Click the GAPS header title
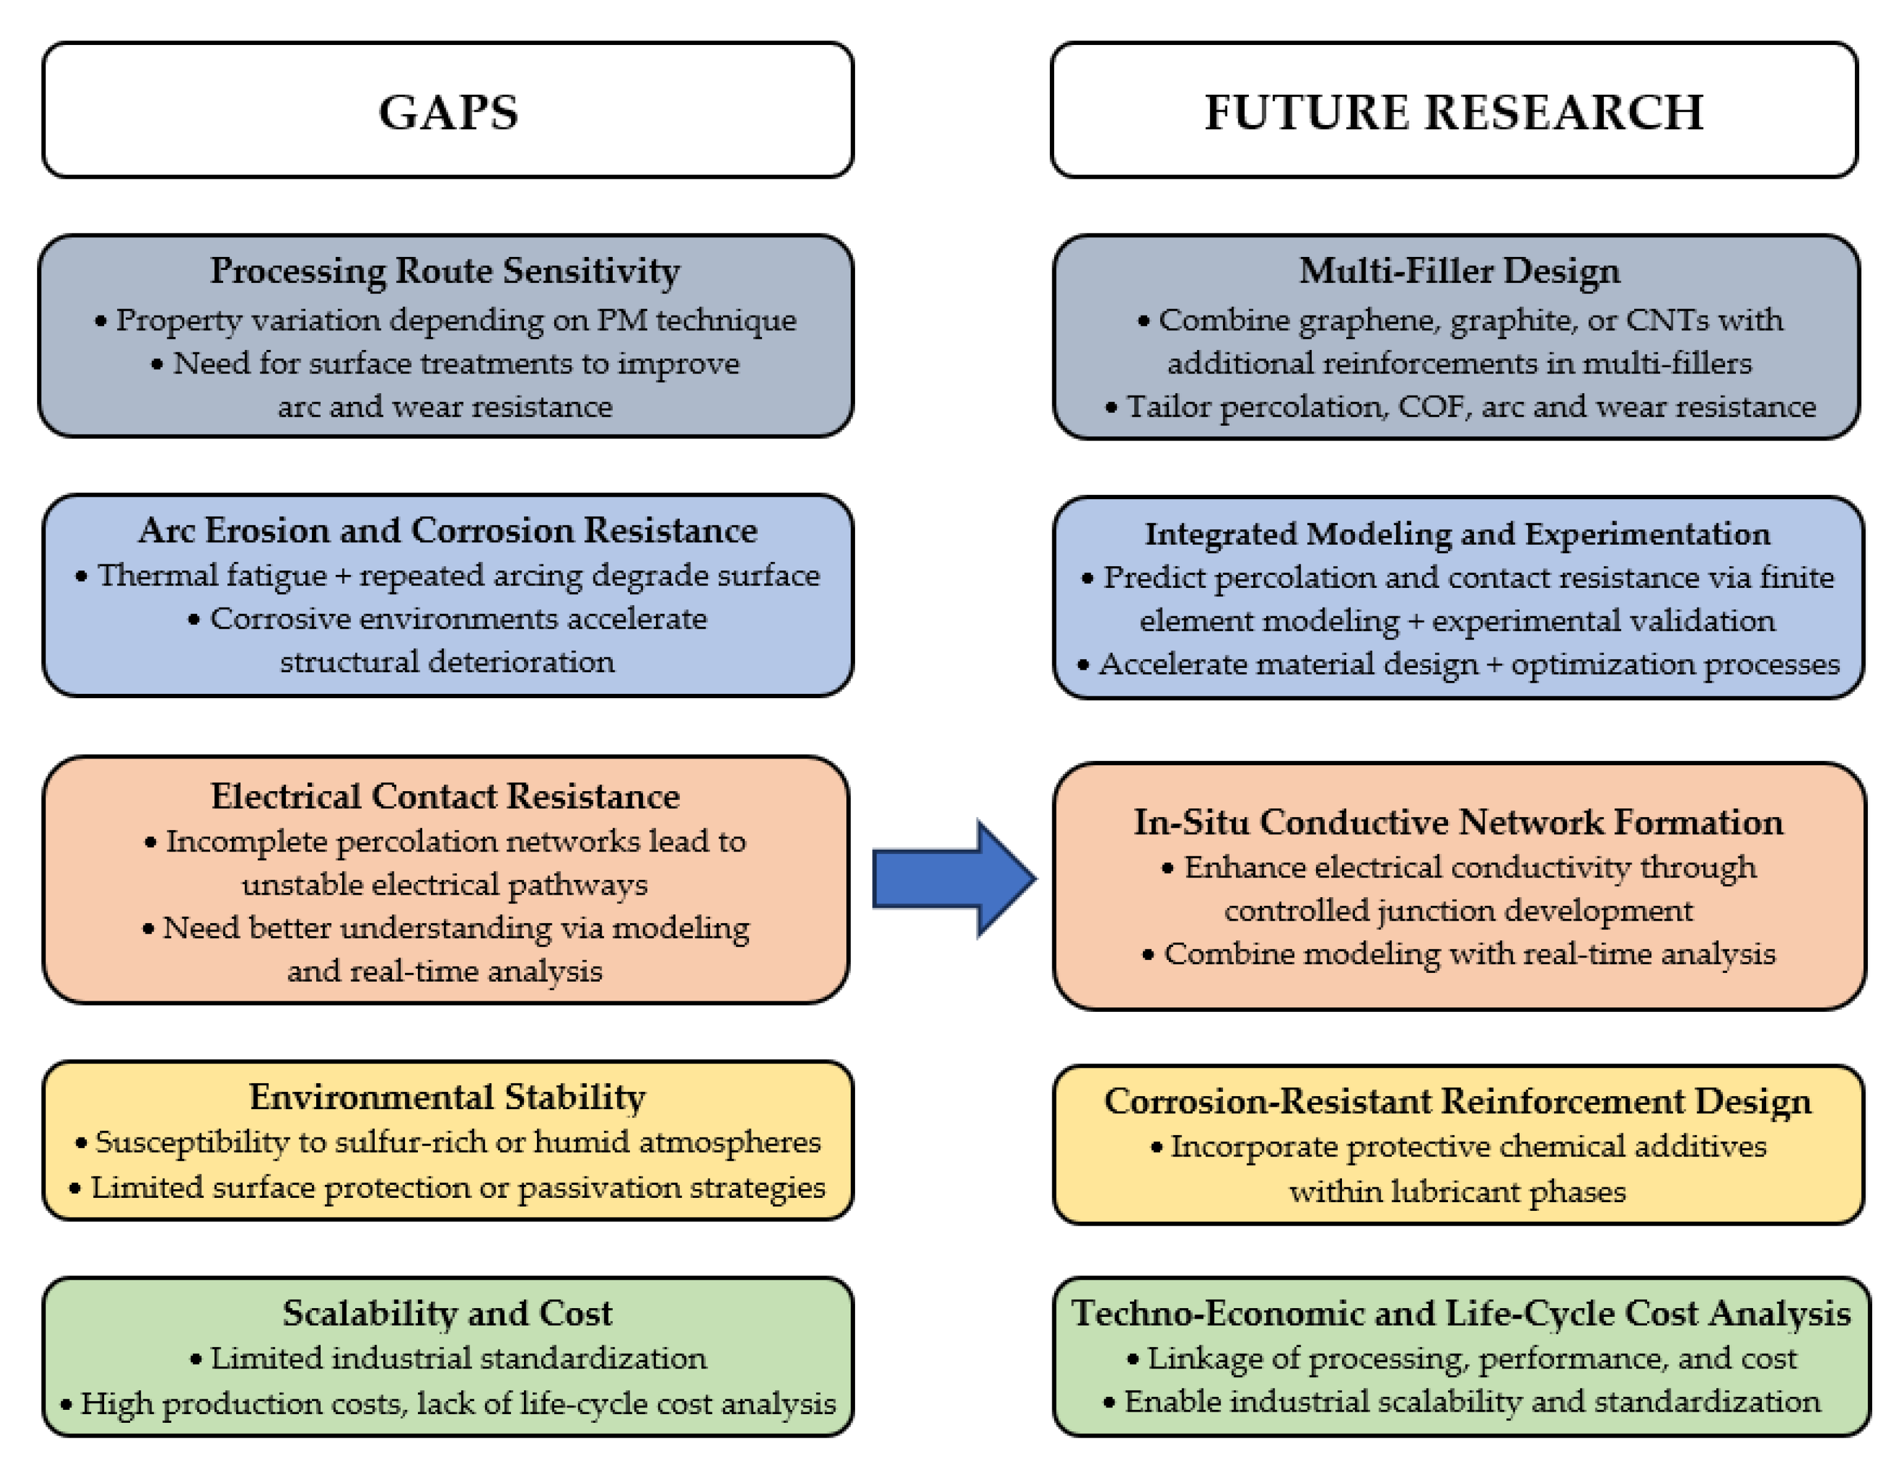pyautogui.click(x=448, y=113)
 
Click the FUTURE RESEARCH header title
pyautogui.click(x=1454, y=113)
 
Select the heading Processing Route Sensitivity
pyautogui.click(x=445, y=271)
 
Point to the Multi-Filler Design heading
pyautogui.click(x=1459, y=271)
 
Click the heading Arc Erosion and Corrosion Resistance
pyautogui.click(x=448, y=531)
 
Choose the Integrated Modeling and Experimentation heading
pyautogui.click(x=1457, y=534)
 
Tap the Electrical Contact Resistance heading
pyautogui.click(x=445, y=796)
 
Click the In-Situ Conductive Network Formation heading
pyautogui.click(x=1458, y=822)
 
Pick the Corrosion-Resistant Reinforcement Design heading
pyautogui.click(x=1457, y=1101)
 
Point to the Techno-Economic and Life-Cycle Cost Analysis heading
pyautogui.click(x=1461, y=1313)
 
